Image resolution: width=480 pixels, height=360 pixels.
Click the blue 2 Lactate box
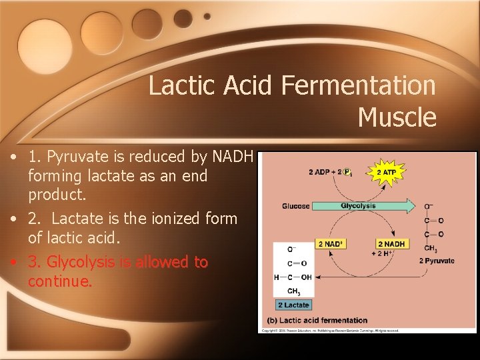point(293,305)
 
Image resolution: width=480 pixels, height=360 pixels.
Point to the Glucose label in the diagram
point(296,206)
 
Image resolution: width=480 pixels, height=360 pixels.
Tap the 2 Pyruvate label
point(437,261)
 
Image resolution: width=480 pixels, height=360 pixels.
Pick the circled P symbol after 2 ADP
point(347,173)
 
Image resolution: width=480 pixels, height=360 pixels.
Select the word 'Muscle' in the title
point(397,117)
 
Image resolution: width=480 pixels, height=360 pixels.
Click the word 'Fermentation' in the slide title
point(358,85)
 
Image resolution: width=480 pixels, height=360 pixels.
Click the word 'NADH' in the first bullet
point(231,157)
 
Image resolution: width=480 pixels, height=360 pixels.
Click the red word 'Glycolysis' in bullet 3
point(78,262)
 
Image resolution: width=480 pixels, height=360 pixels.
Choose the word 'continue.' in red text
point(60,281)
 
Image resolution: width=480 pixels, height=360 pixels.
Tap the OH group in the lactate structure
point(307,277)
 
